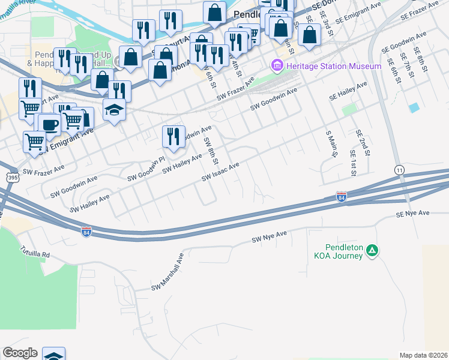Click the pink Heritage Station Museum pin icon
(x=277, y=66)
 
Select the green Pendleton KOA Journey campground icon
(x=372, y=250)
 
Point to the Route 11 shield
(x=399, y=171)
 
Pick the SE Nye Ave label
(x=413, y=214)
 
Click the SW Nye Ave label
(x=270, y=236)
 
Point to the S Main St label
(x=330, y=144)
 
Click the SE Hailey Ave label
(x=348, y=92)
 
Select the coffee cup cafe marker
(x=49, y=124)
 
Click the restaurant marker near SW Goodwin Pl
(x=171, y=136)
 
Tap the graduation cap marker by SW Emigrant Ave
(x=113, y=110)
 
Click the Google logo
(x=19, y=353)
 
